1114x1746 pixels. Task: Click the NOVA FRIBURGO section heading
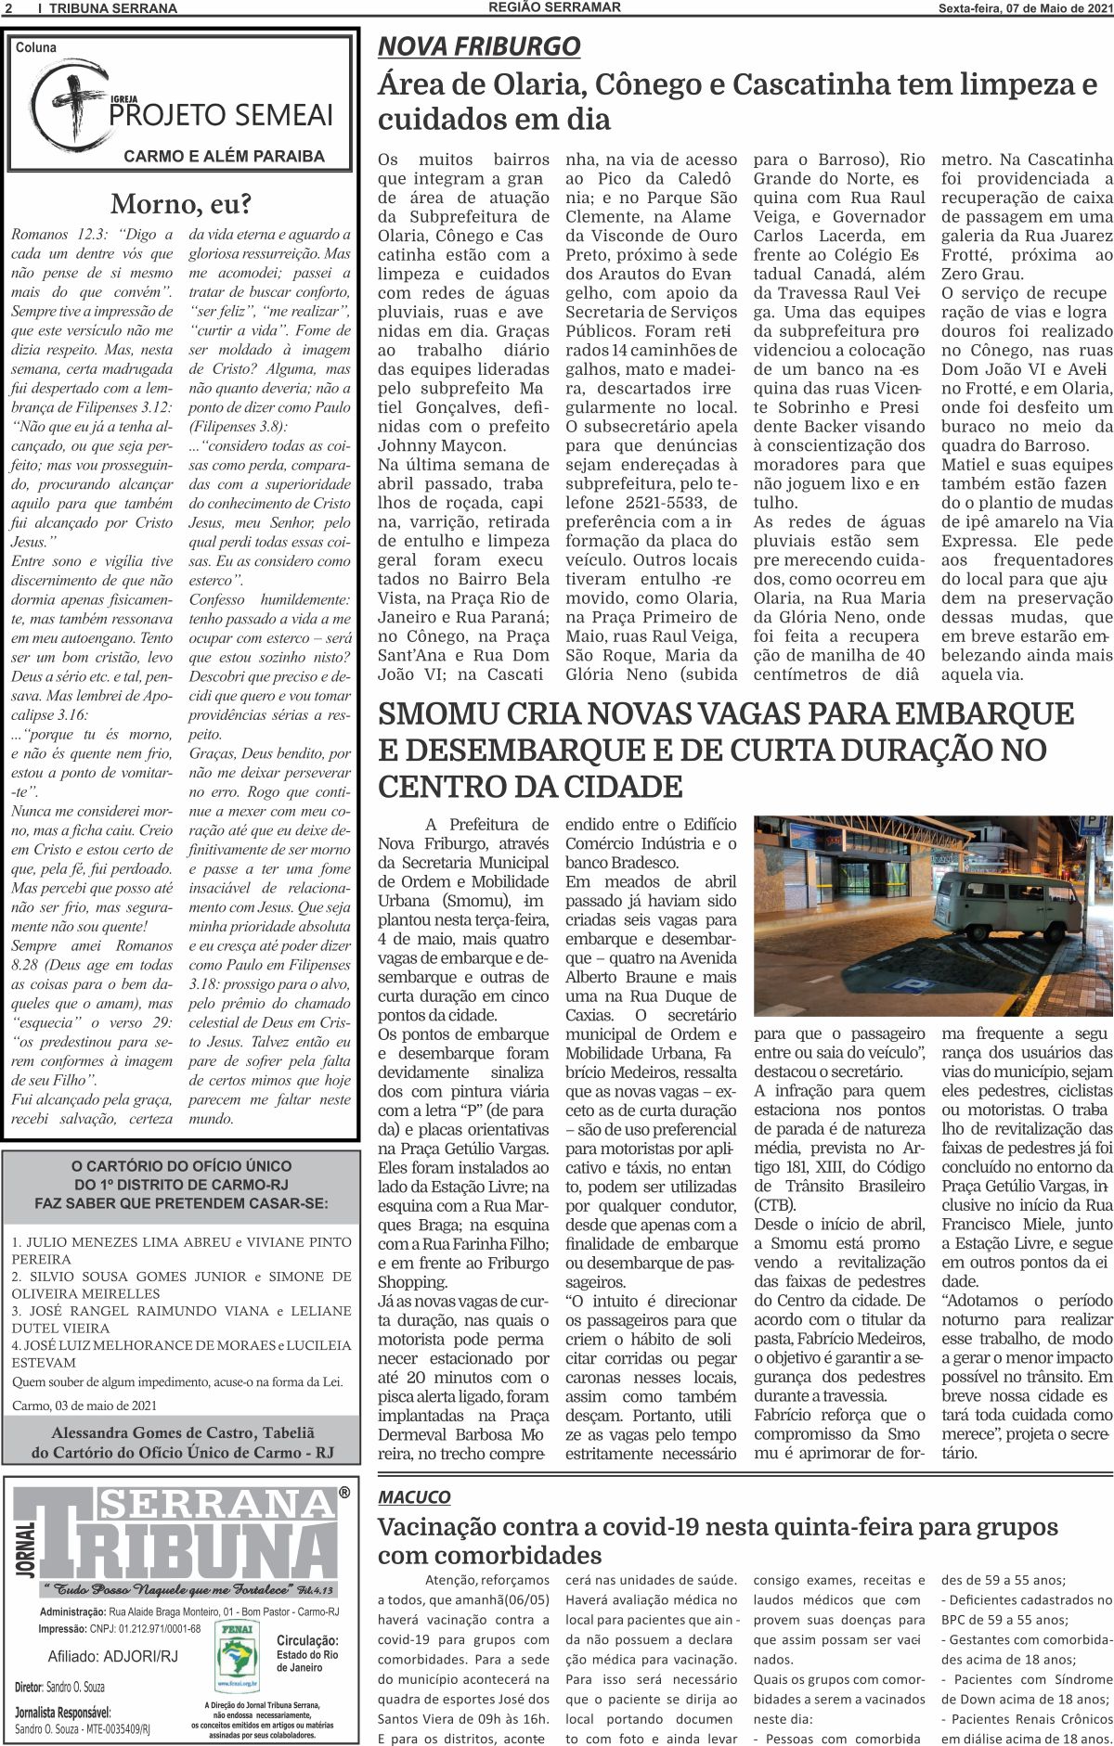point(478,46)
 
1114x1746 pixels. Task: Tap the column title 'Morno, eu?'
point(180,203)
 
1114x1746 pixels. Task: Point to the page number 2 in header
point(7,8)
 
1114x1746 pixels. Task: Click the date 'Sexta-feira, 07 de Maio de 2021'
point(1024,8)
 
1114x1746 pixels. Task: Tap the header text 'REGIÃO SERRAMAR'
point(554,7)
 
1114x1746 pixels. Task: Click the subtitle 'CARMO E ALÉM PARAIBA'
point(224,156)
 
